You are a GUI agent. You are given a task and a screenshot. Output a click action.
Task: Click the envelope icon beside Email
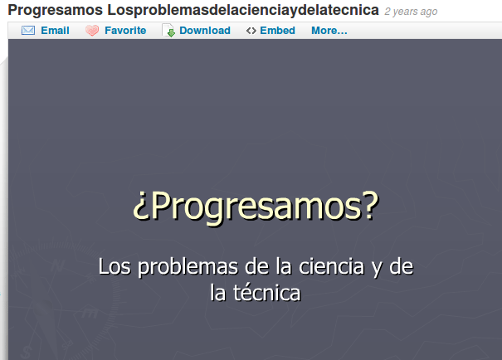pyautogui.click(x=27, y=31)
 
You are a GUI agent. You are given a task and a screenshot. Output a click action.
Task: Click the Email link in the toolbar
pyautogui.click(x=55, y=31)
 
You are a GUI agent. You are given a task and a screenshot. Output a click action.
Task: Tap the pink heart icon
pyautogui.click(x=92, y=31)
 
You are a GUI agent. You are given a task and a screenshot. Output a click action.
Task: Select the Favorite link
pyautogui.click(x=125, y=31)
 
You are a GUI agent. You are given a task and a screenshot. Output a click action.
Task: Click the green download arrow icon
pyautogui.click(x=168, y=31)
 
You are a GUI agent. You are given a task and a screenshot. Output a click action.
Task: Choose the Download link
pyautogui.click(x=205, y=31)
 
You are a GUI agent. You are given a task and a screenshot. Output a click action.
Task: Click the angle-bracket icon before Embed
pyautogui.click(x=251, y=31)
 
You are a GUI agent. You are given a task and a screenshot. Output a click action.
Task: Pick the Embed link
pyautogui.click(x=277, y=31)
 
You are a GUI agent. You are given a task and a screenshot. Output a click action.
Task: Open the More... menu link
pyautogui.click(x=329, y=31)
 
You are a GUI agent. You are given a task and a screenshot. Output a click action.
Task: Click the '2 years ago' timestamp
pyautogui.click(x=411, y=12)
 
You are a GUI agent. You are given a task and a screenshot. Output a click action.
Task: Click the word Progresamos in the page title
pyautogui.click(x=55, y=11)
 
